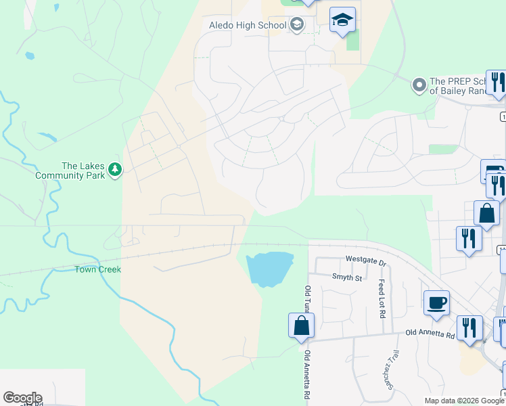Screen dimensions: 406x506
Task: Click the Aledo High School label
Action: (x=248, y=26)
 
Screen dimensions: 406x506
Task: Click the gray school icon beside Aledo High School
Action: (x=296, y=26)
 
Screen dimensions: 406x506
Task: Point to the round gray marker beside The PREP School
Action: (x=419, y=85)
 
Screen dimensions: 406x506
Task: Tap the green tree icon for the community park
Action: (x=115, y=170)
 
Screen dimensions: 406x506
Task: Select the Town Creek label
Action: (x=97, y=269)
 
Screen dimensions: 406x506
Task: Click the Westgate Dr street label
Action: (x=365, y=260)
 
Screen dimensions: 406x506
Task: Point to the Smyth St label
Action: (x=347, y=277)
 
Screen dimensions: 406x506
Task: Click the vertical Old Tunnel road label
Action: (x=308, y=301)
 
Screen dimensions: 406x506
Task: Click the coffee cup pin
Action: (x=436, y=302)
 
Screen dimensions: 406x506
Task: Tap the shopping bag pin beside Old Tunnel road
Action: (x=301, y=325)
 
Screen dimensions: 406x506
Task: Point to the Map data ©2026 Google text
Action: (x=464, y=401)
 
